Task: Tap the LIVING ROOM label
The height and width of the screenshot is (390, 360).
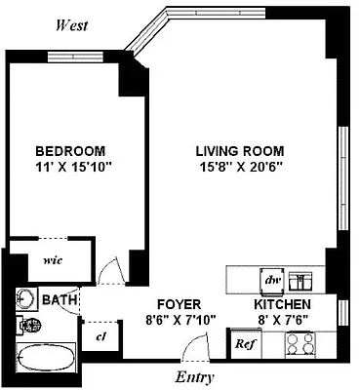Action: click(239, 151)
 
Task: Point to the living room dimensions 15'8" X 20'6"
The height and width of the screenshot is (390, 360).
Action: click(239, 167)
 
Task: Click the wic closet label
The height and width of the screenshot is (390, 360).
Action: click(52, 261)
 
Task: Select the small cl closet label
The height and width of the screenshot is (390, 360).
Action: click(100, 334)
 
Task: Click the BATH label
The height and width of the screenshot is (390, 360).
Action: click(58, 301)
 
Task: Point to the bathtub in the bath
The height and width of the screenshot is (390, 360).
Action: click(46, 355)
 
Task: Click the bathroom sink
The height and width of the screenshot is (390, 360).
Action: click(26, 299)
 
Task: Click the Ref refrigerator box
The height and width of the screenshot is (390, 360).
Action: click(244, 344)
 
